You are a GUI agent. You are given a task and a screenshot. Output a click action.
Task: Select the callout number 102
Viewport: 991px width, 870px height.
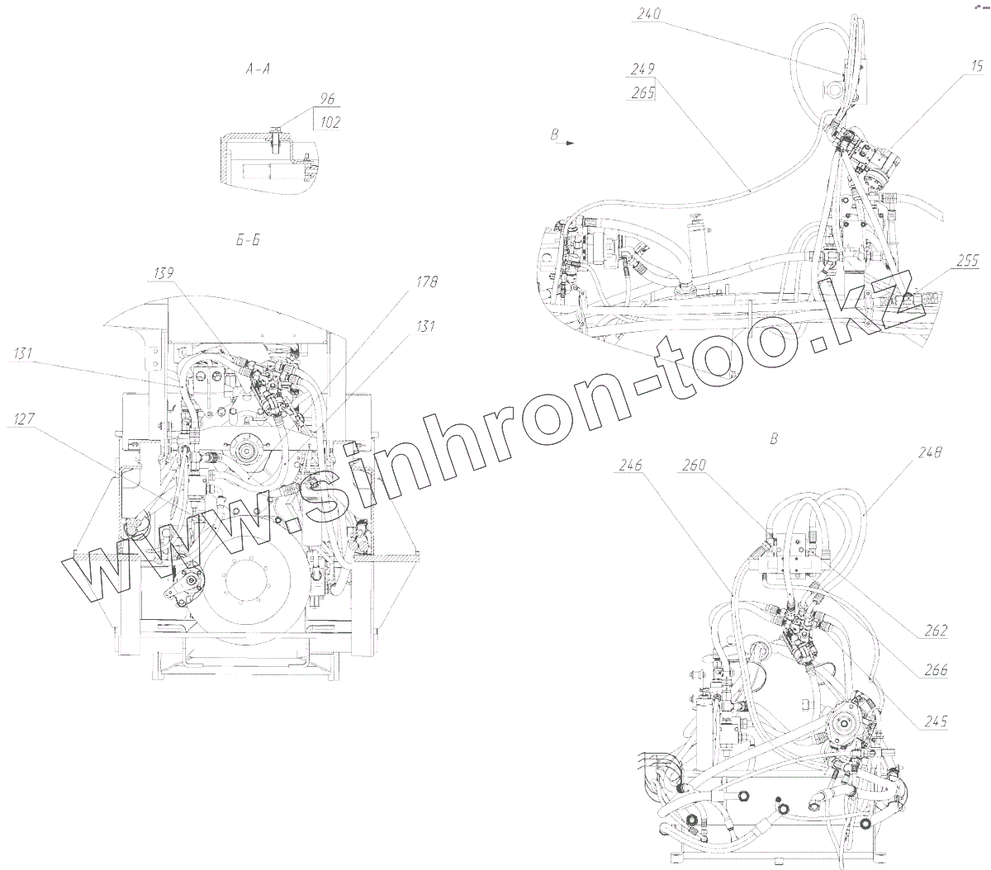click(x=328, y=122)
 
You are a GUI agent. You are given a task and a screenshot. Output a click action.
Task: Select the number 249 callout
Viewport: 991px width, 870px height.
click(x=641, y=69)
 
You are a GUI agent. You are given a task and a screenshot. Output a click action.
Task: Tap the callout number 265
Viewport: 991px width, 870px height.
click(x=641, y=92)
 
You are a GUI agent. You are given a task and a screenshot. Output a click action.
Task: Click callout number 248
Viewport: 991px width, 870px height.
click(x=928, y=452)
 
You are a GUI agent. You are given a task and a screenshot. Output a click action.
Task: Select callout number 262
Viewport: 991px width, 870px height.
click(x=936, y=631)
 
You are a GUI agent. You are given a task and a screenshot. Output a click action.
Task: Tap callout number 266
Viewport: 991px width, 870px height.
click(x=936, y=671)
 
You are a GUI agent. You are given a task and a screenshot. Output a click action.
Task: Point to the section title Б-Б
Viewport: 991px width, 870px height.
click(x=248, y=241)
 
